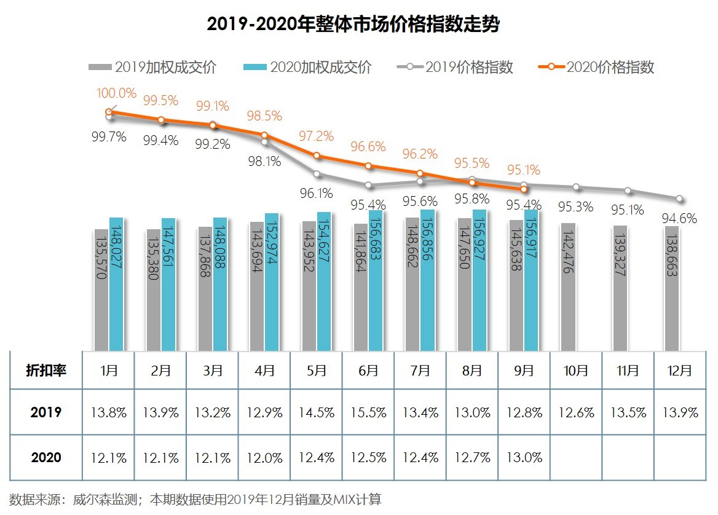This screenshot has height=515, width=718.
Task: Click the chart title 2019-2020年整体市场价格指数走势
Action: coord(353,25)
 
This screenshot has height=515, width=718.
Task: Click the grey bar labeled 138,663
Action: coord(671,288)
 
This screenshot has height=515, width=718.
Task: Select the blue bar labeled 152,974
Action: coord(272,281)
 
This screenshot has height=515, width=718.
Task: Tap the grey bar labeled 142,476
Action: coord(567,286)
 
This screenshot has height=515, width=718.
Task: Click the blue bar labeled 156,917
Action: coord(532,280)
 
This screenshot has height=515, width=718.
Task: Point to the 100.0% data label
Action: coord(116,93)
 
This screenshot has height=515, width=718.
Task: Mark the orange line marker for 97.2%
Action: coord(317,156)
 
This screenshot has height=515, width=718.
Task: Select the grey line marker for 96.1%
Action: coord(317,174)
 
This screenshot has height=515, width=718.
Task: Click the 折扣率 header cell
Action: coord(46,370)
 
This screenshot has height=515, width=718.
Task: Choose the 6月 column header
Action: coord(368,370)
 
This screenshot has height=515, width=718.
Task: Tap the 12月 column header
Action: coord(680,370)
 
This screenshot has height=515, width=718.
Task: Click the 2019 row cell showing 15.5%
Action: coord(368,412)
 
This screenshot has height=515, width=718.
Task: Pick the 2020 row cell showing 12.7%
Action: coord(472,458)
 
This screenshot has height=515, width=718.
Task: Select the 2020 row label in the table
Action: coord(46,458)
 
